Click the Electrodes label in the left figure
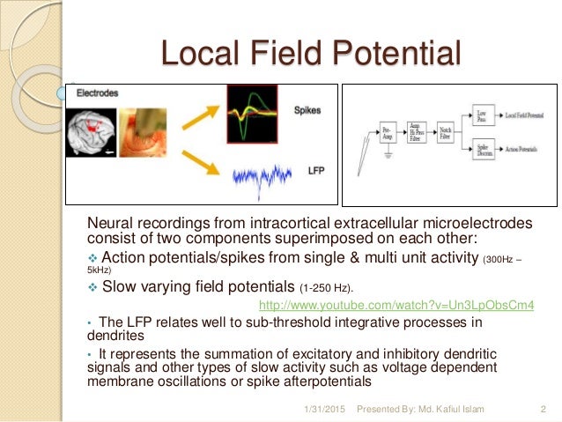click(97, 93)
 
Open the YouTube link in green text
click(396, 306)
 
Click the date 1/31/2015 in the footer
click(323, 409)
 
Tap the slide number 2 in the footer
click(541, 409)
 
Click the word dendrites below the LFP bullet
click(113, 335)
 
